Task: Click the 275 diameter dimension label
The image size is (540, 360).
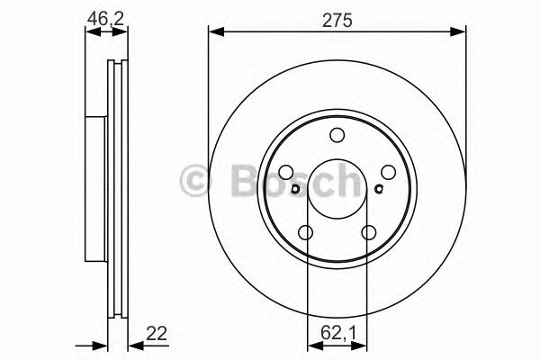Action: click(337, 16)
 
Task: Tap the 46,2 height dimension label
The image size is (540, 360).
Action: click(105, 16)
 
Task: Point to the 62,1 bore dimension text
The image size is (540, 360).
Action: click(337, 334)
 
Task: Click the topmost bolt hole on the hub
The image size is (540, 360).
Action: click(337, 136)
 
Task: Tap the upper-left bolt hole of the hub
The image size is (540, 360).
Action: click(285, 173)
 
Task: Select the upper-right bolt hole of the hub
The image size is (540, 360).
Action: click(389, 173)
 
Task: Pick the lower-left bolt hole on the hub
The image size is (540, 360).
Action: click(306, 234)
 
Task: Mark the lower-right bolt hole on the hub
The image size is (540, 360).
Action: click(369, 234)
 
